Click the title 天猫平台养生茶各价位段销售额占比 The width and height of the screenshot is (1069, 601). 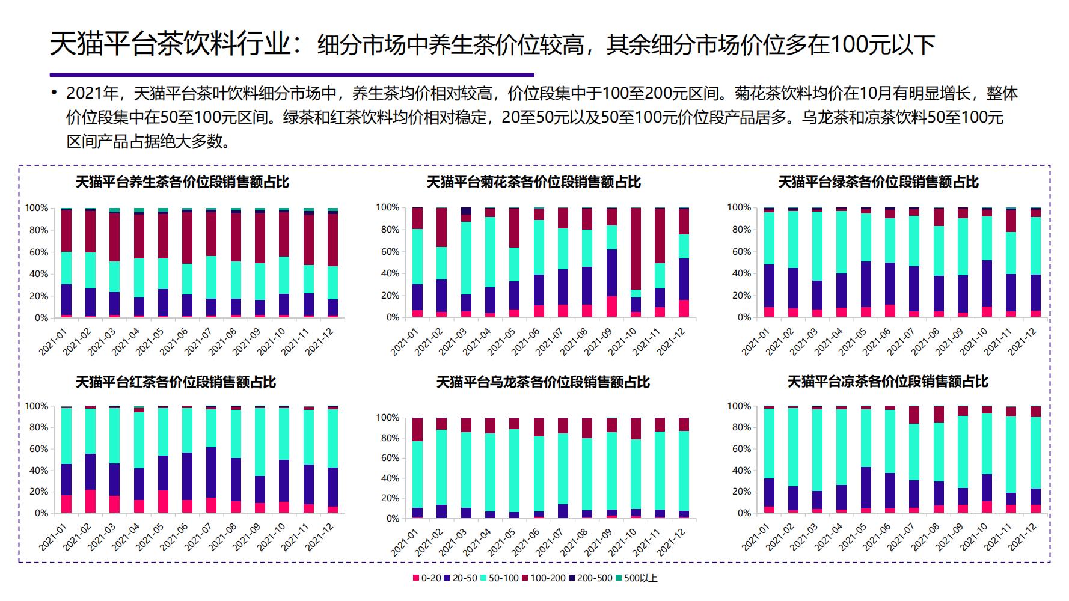pos(182,182)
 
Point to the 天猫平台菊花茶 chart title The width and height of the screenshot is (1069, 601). pos(534,182)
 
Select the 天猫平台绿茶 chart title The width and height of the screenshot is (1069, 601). pos(878,182)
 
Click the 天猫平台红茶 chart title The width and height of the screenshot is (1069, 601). pos(176,382)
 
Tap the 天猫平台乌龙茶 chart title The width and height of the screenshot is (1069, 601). pos(543,382)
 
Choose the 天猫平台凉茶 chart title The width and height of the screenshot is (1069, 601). pos(888,382)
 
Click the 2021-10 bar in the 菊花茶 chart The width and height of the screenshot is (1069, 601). pos(636,263)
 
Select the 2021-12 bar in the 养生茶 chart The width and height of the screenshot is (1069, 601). pos(332,263)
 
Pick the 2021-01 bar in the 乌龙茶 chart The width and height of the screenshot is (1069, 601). pos(417,468)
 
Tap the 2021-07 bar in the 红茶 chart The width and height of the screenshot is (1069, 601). pos(212,460)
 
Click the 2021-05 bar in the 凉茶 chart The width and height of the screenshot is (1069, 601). pos(866,460)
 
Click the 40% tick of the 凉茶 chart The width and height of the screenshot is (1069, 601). pos(739,471)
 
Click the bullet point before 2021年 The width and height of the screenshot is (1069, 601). pos(54,93)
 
